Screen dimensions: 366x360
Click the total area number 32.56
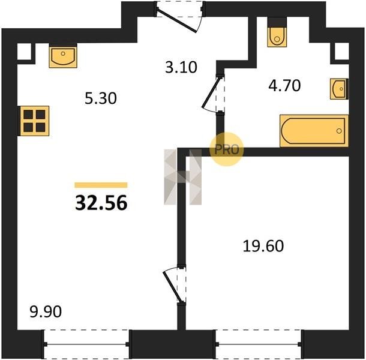point(101,203)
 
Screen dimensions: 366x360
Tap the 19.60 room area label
point(263,246)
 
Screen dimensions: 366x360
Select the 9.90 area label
point(46,311)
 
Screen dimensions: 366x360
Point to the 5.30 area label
point(101,98)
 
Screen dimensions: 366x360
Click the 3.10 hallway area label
point(181,67)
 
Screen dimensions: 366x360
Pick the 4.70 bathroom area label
point(284,85)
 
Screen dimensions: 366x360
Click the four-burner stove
point(35,121)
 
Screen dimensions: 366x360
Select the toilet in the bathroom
point(277,37)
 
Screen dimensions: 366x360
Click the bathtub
point(314,131)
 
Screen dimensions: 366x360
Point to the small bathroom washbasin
point(339,89)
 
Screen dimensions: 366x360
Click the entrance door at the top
point(180,16)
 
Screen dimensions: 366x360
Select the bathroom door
point(214,94)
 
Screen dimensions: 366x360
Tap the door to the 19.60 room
point(175,285)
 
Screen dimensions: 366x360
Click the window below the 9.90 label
point(86,344)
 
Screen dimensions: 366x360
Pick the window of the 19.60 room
point(259,344)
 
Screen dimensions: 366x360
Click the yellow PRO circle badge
point(227,149)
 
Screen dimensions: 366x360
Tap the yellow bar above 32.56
point(101,185)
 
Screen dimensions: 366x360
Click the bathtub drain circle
point(339,131)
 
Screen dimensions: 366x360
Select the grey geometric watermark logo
point(182,177)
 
